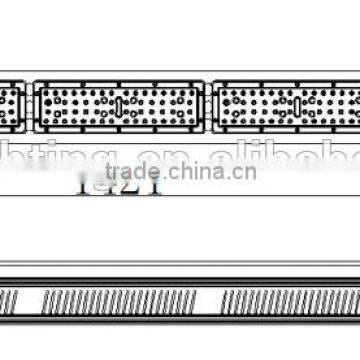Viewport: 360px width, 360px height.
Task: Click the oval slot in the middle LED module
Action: tap(118, 106)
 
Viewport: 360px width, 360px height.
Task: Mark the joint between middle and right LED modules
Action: tap(210, 106)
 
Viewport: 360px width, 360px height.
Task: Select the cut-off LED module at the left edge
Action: tap(11, 106)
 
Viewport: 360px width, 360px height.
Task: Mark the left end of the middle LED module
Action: tap(37, 106)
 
